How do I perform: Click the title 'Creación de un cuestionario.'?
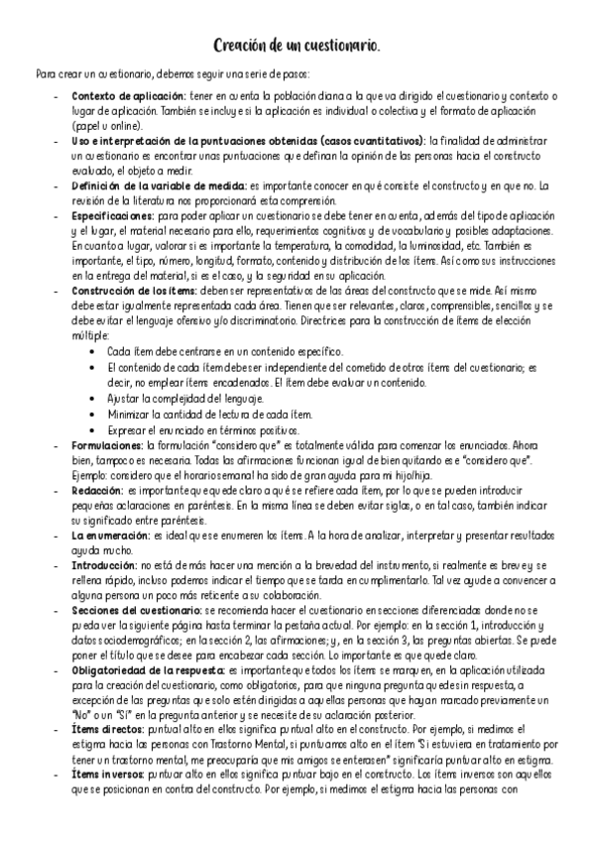click(297, 47)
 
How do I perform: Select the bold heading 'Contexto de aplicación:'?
click(128, 95)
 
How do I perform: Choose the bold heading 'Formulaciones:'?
click(109, 446)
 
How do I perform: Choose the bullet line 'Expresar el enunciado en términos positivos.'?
click(203, 430)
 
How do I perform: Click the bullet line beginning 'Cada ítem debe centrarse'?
click(225, 351)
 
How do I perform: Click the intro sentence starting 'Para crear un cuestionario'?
click(173, 74)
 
